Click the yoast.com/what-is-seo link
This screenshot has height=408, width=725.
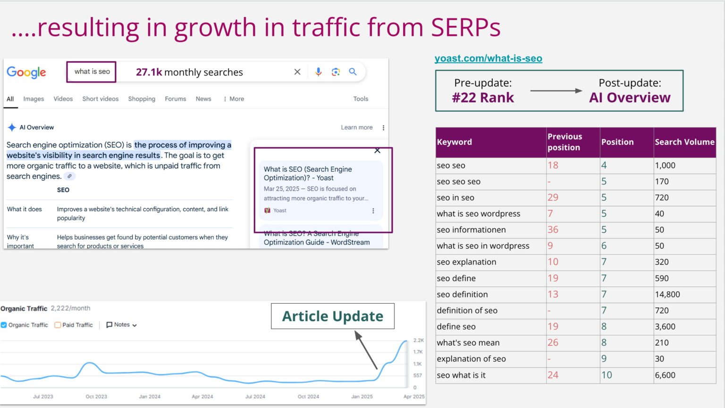pyautogui.click(x=488, y=59)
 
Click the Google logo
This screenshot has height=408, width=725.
pyautogui.click(x=26, y=72)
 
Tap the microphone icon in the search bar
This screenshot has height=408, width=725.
pyautogui.click(x=318, y=72)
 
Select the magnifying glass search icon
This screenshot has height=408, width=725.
pyautogui.click(x=353, y=72)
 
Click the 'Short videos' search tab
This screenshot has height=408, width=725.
pyautogui.click(x=100, y=99)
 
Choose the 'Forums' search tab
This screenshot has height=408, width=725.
pyautogui.click(x=175, y=99)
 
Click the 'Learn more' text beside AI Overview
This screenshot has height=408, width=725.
pyautogui.click(x=356, y=127)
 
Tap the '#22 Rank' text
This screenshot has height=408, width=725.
pyautogui.click(x=482, y=98)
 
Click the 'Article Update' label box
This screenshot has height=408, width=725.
pyautogui.click(x=332, y=316)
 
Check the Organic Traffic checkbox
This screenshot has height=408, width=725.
pyautogui.click(x=4, y=325)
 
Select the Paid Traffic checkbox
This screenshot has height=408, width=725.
pyautogui.click(x=58, y=325)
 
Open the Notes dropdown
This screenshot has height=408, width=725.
pyautogui.click(x=121, y=325)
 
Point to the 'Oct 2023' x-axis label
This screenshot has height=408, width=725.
pyautogui.click(x=96, y=397)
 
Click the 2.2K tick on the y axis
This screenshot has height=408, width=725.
pyautogui.click(x=418, y=340)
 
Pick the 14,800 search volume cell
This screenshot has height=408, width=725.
pyautogui.click(x=667, y=294)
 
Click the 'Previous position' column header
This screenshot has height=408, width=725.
pyautogui.click(x=565, y=142)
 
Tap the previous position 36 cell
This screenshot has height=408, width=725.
pyautogui.click(x=553, y=230)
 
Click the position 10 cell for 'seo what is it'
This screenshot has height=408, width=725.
pyautogui.click(x=607, y=375)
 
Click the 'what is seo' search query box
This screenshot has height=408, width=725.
pyautogui.click(x=92, y=72)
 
